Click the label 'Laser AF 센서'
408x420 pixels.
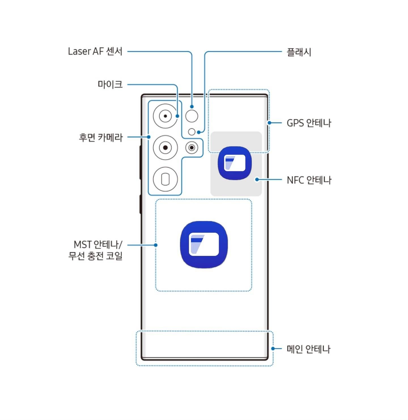[x=95, y=52]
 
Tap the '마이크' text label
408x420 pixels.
[x=110, y=84]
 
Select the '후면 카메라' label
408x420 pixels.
[x=101, y=137]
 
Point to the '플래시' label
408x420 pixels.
[x=299, y=52]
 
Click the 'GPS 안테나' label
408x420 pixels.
[x=309, y=123]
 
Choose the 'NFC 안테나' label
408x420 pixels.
[x=309, y=180]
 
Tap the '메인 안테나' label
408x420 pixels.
[x=308, y=349]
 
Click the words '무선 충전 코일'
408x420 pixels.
[x=95, y=256]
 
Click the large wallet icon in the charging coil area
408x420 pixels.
[x=204, y=245]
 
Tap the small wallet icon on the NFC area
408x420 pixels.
[x=235, y=163]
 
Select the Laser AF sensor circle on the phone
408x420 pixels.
[x=192, y=116]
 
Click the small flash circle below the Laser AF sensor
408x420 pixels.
[x=192, y=132]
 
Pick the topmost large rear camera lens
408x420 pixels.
[x=165, y=116]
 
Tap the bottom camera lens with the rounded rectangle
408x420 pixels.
[x=165, y=179]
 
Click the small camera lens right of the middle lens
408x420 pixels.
[x=192, y=148]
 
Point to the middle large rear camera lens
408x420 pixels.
[x=165, y=148]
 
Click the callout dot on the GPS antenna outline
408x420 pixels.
[x=269, y=123]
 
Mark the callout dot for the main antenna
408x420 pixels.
[x=273, y=349]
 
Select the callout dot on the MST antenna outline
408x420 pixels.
[x=156, y=245]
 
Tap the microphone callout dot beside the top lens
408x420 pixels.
[x=177, y=116]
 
